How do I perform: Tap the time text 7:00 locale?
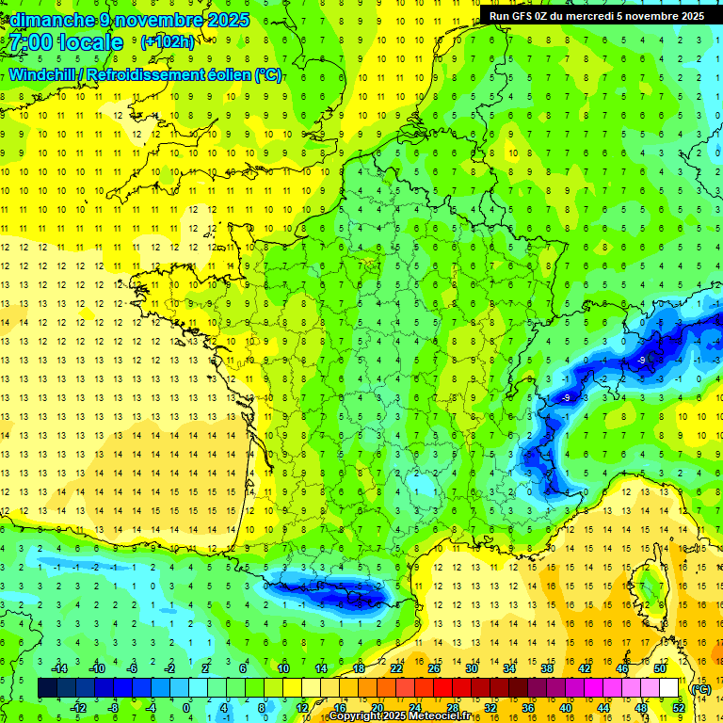click(66, 43)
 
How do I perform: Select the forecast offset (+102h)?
click(168, 42)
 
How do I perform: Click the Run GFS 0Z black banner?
click(597, 16)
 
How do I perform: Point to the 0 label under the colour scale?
click(186, 707)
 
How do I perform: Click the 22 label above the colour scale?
click(397, 668)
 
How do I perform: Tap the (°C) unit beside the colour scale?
click(700, 689)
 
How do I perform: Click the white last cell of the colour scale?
click(669, 688)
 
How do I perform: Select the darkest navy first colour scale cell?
click(48, 688)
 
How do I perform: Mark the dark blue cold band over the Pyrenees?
click(329, 591)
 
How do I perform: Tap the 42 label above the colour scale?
click(583, 668)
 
